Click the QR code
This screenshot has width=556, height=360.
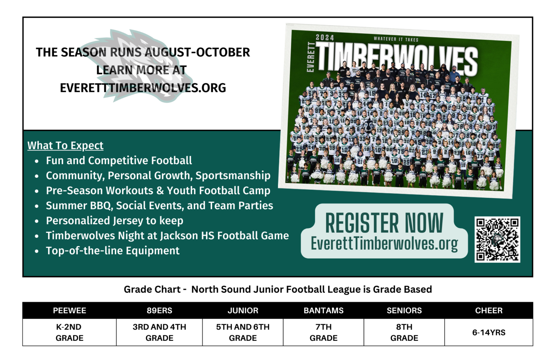(497, 239)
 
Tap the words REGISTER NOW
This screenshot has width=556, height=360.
(384, 223)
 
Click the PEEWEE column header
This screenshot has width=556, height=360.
(69, 310)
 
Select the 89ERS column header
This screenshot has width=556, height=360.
(159, 310)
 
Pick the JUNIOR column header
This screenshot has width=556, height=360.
(243, 310)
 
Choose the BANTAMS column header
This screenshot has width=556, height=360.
(324, 310)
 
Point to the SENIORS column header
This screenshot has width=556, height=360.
(404, 310)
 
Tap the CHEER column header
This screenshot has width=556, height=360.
(489, 310)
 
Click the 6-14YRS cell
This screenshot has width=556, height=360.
(489, 332)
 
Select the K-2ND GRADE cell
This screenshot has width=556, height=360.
(69, 332)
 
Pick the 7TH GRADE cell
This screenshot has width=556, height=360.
(324, 332)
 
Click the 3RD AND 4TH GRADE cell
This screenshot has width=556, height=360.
(159, 332)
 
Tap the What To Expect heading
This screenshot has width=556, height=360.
(66, 145)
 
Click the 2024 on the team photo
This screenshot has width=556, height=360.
(325, 37)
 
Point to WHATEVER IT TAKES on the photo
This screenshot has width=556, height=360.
(396, 39)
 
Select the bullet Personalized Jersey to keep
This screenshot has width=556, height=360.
(114, 221)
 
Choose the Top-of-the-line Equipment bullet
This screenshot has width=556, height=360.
(113, 251)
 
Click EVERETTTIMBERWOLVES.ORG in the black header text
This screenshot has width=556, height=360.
(143, 88)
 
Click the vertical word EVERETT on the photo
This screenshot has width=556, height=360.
(310, 57)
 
